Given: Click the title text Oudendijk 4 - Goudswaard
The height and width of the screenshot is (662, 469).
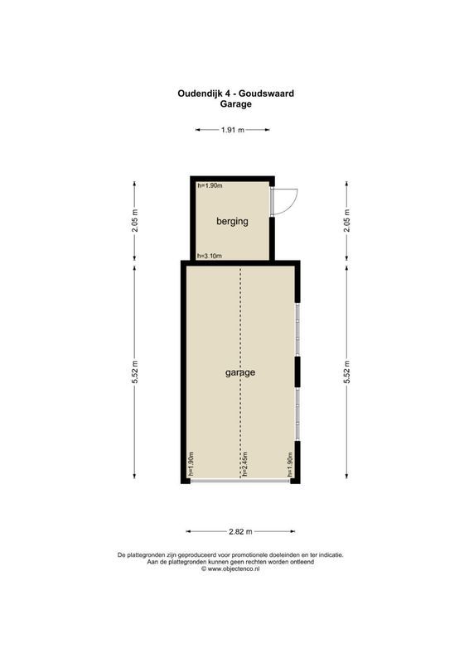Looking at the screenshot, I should click(x=235, y=94).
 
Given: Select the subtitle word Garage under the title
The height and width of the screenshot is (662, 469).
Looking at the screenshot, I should click(x=235, y=104).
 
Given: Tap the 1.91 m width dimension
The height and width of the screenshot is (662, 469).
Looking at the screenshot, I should click(x=233, y=130).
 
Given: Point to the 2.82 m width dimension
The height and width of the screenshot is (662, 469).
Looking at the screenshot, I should click(x=240, y=532).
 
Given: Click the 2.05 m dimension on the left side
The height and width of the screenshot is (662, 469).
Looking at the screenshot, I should click(x=135, y=221).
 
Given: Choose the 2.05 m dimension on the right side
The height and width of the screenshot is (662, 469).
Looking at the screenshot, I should click(x=347, y=221).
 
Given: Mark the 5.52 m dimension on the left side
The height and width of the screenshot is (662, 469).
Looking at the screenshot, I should click(x=135, y=373).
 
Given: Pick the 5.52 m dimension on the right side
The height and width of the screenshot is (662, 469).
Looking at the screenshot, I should click(x=347, y=373).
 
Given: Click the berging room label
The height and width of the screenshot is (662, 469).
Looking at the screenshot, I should click(x=232, y=222).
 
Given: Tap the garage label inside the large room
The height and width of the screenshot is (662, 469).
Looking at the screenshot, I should click(x=240, y=372).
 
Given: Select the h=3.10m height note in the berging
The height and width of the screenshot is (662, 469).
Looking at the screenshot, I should click(x=210, y=256).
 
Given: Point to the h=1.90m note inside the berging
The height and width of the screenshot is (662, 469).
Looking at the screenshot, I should click(x=210, y=186).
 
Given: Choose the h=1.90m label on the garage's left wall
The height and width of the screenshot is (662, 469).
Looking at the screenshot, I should click(x=190, y=465).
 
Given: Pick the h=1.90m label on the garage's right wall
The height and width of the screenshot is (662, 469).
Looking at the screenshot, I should click(x=291, y=465).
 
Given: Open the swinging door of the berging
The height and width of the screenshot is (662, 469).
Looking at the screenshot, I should click(x=284, y=199).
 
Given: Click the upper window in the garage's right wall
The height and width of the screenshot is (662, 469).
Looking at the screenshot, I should click(x=297, y=329).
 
